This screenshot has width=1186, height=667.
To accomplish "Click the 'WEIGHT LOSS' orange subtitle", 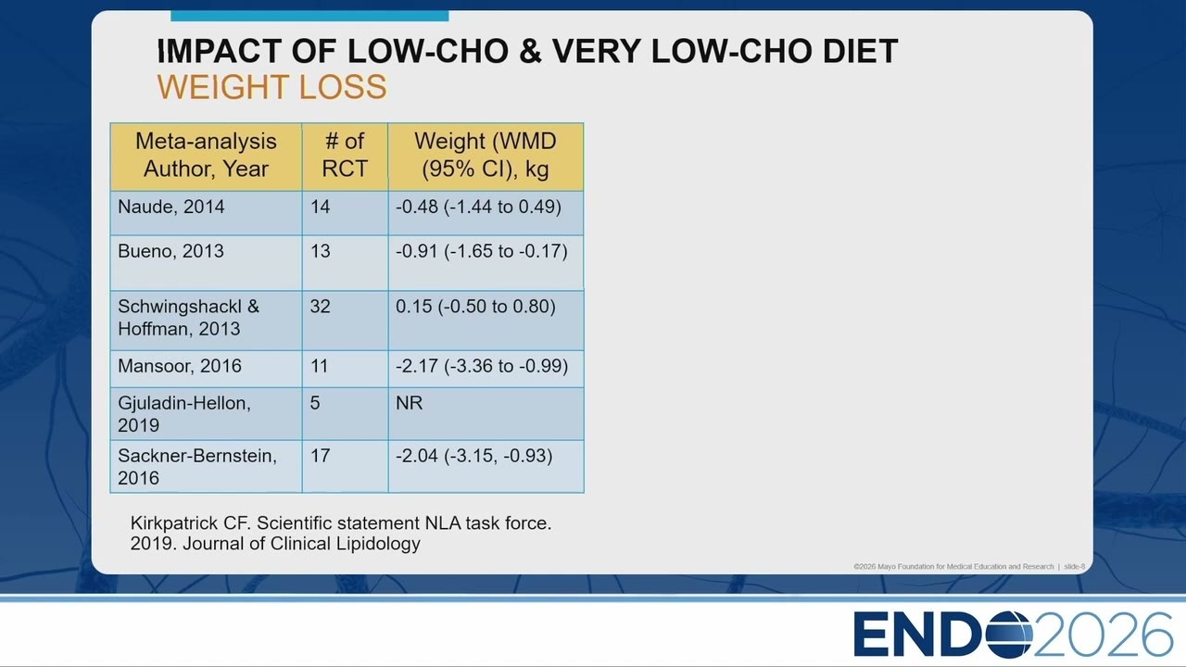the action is coord(272,87).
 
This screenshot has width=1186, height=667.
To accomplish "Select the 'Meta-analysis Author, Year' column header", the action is coord(206,155).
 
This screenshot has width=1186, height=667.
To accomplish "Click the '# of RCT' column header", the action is coord(345,155).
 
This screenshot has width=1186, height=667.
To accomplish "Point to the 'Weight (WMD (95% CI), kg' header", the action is coord(486,155).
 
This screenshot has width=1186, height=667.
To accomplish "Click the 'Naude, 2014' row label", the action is coord(171,207).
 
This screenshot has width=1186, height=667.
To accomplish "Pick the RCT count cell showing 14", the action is coord(321,207).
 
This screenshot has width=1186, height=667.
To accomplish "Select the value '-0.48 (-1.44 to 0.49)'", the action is coord(479,207).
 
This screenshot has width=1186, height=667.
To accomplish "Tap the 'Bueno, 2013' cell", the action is coord(170,251).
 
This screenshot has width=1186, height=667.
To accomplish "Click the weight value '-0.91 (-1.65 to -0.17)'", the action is coord(482,251).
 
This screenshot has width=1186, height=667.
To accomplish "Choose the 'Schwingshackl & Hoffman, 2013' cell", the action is coord(188,318).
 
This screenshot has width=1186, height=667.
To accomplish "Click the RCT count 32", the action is coord(321,306).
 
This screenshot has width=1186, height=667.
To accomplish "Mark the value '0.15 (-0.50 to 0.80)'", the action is coord(475,306).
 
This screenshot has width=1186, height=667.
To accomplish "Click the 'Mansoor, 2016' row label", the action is coord(180,366).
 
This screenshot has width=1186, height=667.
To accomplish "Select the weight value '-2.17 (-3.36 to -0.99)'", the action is coord(482,366).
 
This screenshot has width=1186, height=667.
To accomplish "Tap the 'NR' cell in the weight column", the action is coord(410,403).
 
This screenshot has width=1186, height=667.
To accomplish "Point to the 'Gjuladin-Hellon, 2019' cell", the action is coord(184,414).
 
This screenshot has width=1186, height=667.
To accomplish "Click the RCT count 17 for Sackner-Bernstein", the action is coord(321,455).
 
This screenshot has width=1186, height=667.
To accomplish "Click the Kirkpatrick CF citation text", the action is coord(341,533).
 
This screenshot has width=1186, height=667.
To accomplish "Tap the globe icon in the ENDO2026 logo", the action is coord(1009,634).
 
